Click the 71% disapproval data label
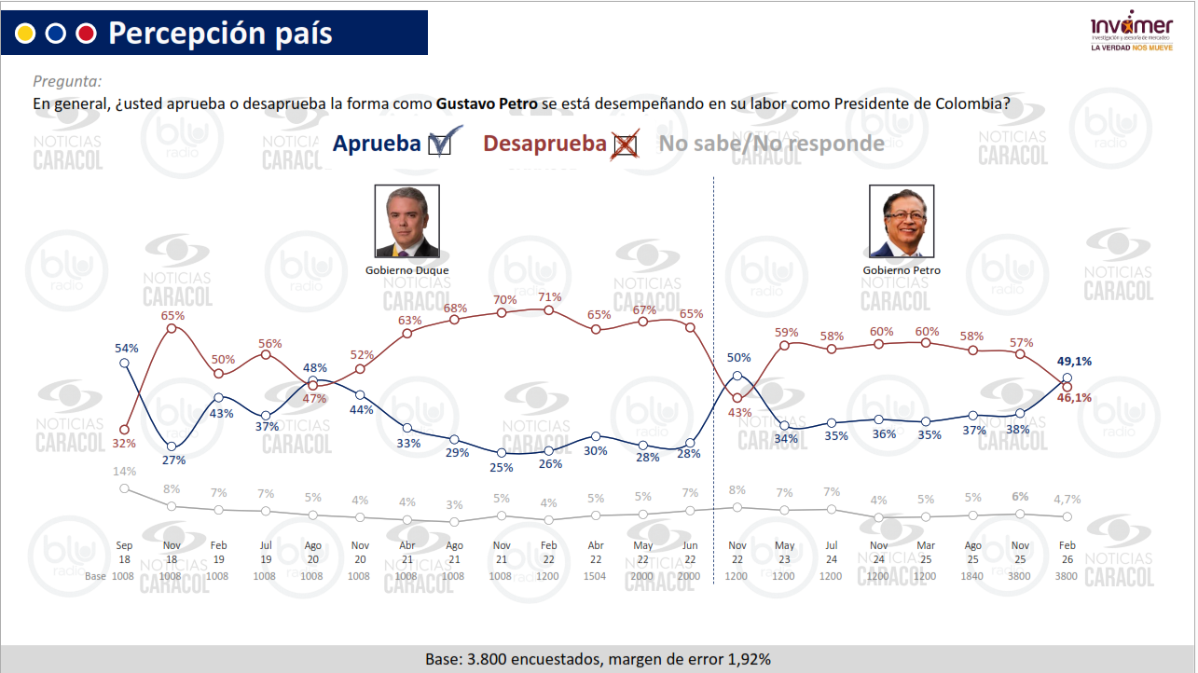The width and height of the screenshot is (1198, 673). tap(549, 297)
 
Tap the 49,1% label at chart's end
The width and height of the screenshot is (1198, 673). tap(1074, 362)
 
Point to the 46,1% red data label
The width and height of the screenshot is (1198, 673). tap(1074, 398)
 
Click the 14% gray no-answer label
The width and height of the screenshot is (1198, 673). tap(125, 472)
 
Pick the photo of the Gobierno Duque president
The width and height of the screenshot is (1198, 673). tap(406, 221)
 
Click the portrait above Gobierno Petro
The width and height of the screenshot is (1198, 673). tap(901, 221)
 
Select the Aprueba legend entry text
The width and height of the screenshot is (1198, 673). tap(377, 144)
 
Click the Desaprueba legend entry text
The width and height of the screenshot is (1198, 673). tap(544, 144)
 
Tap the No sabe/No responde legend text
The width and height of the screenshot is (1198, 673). tap(771, 144)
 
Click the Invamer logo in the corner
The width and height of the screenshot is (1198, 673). tap(1133, 34)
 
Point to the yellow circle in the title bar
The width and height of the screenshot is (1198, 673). tap(25, 34)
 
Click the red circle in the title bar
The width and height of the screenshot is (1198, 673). tap(87, 34)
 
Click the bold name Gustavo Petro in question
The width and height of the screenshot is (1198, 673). tap(487, 103)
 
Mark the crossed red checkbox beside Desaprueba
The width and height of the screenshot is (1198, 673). tap(625, 144)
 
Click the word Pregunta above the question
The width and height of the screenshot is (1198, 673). tap(67, 82)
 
